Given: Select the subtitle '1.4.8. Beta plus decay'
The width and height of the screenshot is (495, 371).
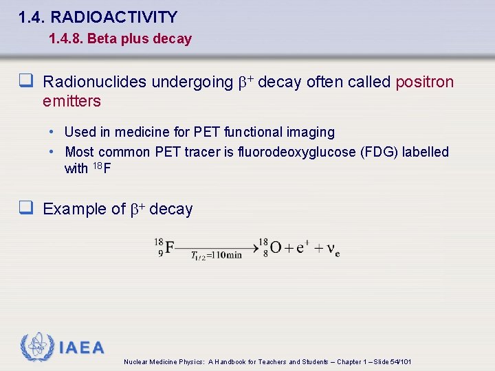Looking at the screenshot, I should click(x=120, y=39).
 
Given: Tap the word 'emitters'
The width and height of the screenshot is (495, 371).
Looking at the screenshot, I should click(x=71, y=102).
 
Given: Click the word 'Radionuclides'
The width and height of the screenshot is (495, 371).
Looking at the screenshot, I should click(x=94, y=82).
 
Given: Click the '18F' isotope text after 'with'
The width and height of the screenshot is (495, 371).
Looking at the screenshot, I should click(x=102, y=168).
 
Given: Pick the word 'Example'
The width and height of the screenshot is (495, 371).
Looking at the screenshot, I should click(x=70, y=210).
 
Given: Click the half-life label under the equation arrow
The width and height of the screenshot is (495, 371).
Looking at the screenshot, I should click(x=216, y=256).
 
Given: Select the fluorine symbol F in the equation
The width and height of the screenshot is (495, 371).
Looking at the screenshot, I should click(x=169, y=247).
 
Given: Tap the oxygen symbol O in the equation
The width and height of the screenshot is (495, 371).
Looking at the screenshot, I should click(x=274, y=247).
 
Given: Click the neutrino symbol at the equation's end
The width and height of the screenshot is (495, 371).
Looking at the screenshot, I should click(x=333, y=248).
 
